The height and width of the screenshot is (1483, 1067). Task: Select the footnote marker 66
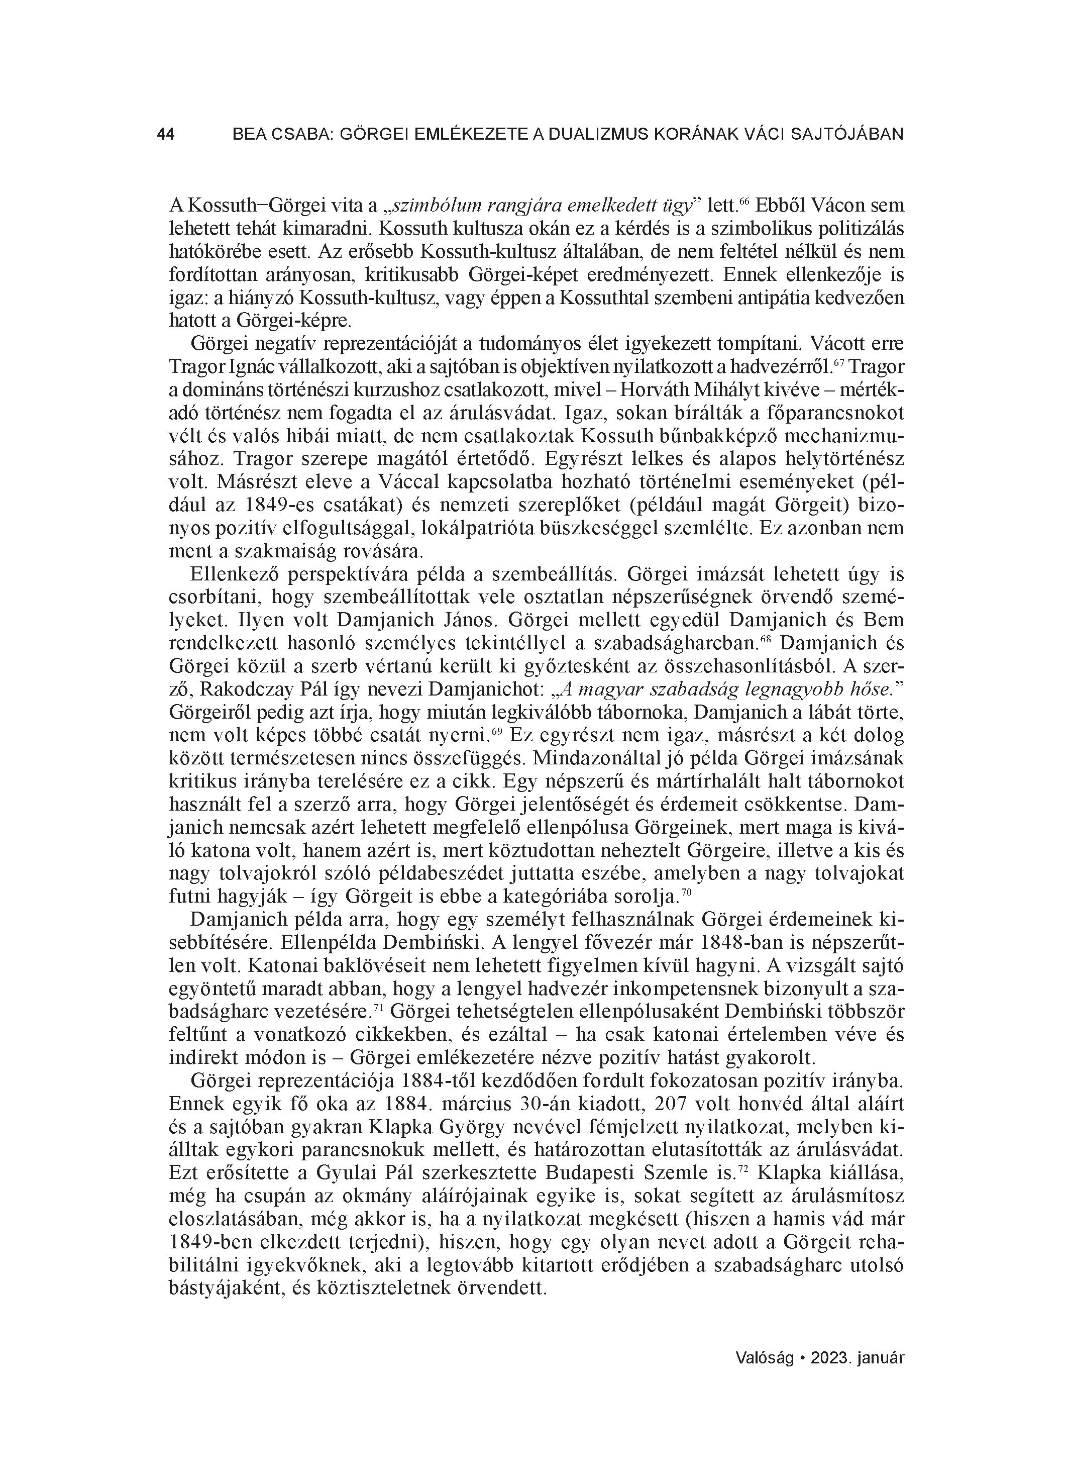pyautogui.click(x=743, y=202)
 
